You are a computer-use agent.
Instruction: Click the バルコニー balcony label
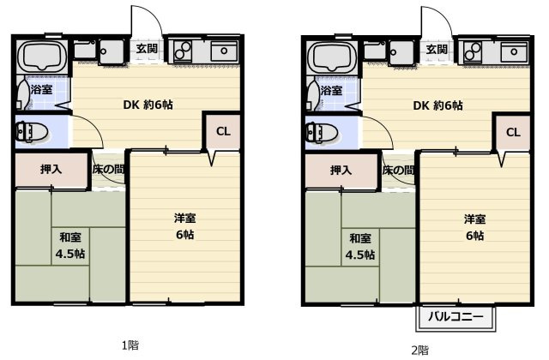click(x=455, y=317)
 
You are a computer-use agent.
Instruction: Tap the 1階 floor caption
click(x=130, y=345)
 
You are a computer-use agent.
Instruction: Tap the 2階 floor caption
click(x=419, y=351)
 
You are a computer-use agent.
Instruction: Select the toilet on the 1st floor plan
click(x=32, y=132)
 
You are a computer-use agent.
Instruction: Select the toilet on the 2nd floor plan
click(x=322, y=133)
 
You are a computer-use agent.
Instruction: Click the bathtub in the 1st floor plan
click(x=42, y=57)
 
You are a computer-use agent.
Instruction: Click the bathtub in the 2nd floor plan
click(x=332, y=57)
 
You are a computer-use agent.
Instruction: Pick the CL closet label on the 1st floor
click(x=223, y=131)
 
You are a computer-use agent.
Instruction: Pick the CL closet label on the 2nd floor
click(x=513, y=132)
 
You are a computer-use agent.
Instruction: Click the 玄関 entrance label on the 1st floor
click(x=147, y=49)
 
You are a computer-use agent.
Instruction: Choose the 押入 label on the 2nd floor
click(x=341, y=171)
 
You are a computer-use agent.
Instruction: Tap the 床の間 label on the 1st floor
click(x=109, y=170)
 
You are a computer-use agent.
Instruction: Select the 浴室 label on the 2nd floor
click(x=331, y=91)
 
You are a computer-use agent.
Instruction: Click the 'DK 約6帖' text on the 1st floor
click(x=148, y=105)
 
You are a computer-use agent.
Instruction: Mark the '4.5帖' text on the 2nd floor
click(x=360, y=255)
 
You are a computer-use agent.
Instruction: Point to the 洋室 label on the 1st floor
click(x=185, y=218)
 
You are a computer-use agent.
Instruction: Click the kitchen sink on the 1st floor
click(x=224, y=51)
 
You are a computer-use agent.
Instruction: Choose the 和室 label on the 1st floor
click(x=70, y=237)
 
